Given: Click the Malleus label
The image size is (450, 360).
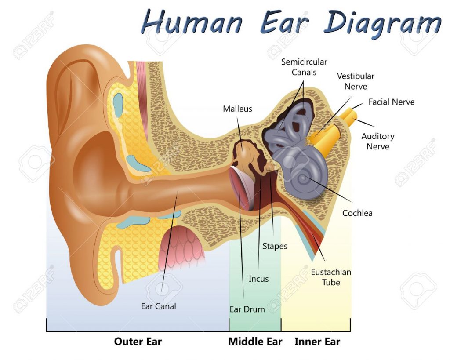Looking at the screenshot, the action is [x=237, y=109].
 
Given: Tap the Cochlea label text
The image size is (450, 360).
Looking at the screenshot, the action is [x=357, y=213].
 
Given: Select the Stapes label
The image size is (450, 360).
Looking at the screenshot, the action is [x=275, y=246].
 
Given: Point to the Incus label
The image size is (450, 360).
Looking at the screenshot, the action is [x=258, y=279].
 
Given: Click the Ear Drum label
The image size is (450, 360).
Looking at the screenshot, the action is [x=247, y=309].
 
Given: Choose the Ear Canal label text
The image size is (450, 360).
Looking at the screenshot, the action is [x=158, y=306].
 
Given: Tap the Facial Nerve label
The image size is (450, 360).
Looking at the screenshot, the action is [x=392, y=102].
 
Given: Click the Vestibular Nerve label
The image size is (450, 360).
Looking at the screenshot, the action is [x=356, y=81].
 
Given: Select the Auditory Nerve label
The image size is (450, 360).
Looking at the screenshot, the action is [x=378, y=141].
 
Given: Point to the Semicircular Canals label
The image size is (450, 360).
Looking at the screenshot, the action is [x=304, y=67].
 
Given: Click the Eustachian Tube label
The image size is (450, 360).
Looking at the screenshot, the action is [x=331, y=277].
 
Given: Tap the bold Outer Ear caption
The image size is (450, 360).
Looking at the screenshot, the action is [x=138, y=342].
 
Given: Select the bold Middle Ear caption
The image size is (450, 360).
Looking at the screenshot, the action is [x=255, y=342].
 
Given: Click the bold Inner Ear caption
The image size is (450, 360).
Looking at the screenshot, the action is [x=317, y=342].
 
